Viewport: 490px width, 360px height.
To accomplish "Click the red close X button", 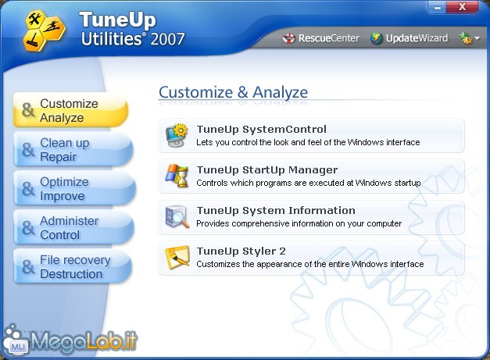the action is [x=462, y=7].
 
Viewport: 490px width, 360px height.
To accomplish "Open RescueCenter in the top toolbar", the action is [x=320, y=38].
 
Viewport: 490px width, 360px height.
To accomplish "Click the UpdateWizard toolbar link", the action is [x=409, y=38].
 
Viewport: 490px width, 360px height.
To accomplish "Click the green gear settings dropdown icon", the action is [x=469, y=38].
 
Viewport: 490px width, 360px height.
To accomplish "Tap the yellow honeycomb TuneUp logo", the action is [x=44, y=30].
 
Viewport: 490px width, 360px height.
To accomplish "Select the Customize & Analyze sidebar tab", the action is [x=70, y=110].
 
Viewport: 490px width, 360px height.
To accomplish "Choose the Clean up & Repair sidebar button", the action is [x=73, y=150].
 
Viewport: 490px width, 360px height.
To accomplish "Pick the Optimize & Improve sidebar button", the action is [x=74, y=188].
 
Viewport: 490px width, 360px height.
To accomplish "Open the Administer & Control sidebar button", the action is [x=73, y=227].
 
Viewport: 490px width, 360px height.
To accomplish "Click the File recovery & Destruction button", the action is [x=73, y=266].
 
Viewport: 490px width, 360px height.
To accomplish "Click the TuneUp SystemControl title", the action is [x=262, y=130].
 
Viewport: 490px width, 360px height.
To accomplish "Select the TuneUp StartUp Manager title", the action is [x=267, y=170].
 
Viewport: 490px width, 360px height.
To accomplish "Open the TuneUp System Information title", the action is [x=276, y=210].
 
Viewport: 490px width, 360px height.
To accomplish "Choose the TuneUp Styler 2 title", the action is [x=241, y=251].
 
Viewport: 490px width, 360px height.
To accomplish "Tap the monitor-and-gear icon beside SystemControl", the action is [x=177, y=135].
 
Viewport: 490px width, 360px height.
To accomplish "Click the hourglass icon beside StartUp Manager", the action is [x=177, y=176].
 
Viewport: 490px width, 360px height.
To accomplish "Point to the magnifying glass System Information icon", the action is [x=177, y=216].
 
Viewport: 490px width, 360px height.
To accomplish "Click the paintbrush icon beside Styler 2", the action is [x=177, y=257].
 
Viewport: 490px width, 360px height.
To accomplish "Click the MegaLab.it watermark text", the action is [x=84, y=340].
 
